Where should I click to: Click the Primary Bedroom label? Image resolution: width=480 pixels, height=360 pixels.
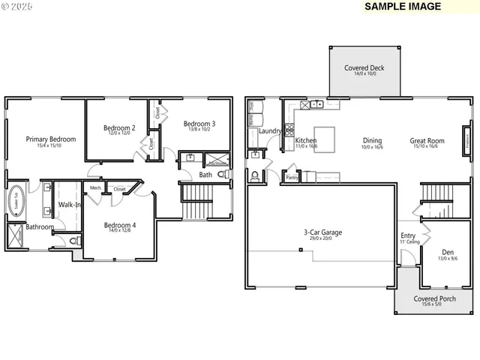(x=51, y=139)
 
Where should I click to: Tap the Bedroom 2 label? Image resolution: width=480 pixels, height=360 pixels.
(x=119, y=128)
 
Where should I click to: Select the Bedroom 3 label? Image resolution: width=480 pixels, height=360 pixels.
(x=199, y=124)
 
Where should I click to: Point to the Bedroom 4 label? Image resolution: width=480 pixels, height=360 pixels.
(x=120, y=225)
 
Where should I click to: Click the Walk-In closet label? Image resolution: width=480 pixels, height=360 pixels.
(x=70, y=204)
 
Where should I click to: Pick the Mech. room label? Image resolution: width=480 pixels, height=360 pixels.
(x=96, y=187)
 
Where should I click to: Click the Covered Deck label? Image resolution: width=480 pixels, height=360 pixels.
(x=364, y=68)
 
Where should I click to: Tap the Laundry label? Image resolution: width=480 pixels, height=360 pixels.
(x=270, y=131)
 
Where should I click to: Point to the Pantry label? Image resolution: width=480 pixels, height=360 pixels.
(x=292, y=178)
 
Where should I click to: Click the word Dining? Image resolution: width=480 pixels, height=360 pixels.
(x=372, y=140)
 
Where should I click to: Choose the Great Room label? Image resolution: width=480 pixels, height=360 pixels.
(x=427, y=140)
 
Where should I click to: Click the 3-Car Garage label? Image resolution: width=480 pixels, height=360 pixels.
(x=322, y=232)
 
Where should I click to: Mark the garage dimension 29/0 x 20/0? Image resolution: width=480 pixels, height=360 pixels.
(x=322, y=239)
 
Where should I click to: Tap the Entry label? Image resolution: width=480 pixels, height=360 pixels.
(x=408, y=235)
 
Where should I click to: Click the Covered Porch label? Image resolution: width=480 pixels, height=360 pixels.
(x=435, y=298)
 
